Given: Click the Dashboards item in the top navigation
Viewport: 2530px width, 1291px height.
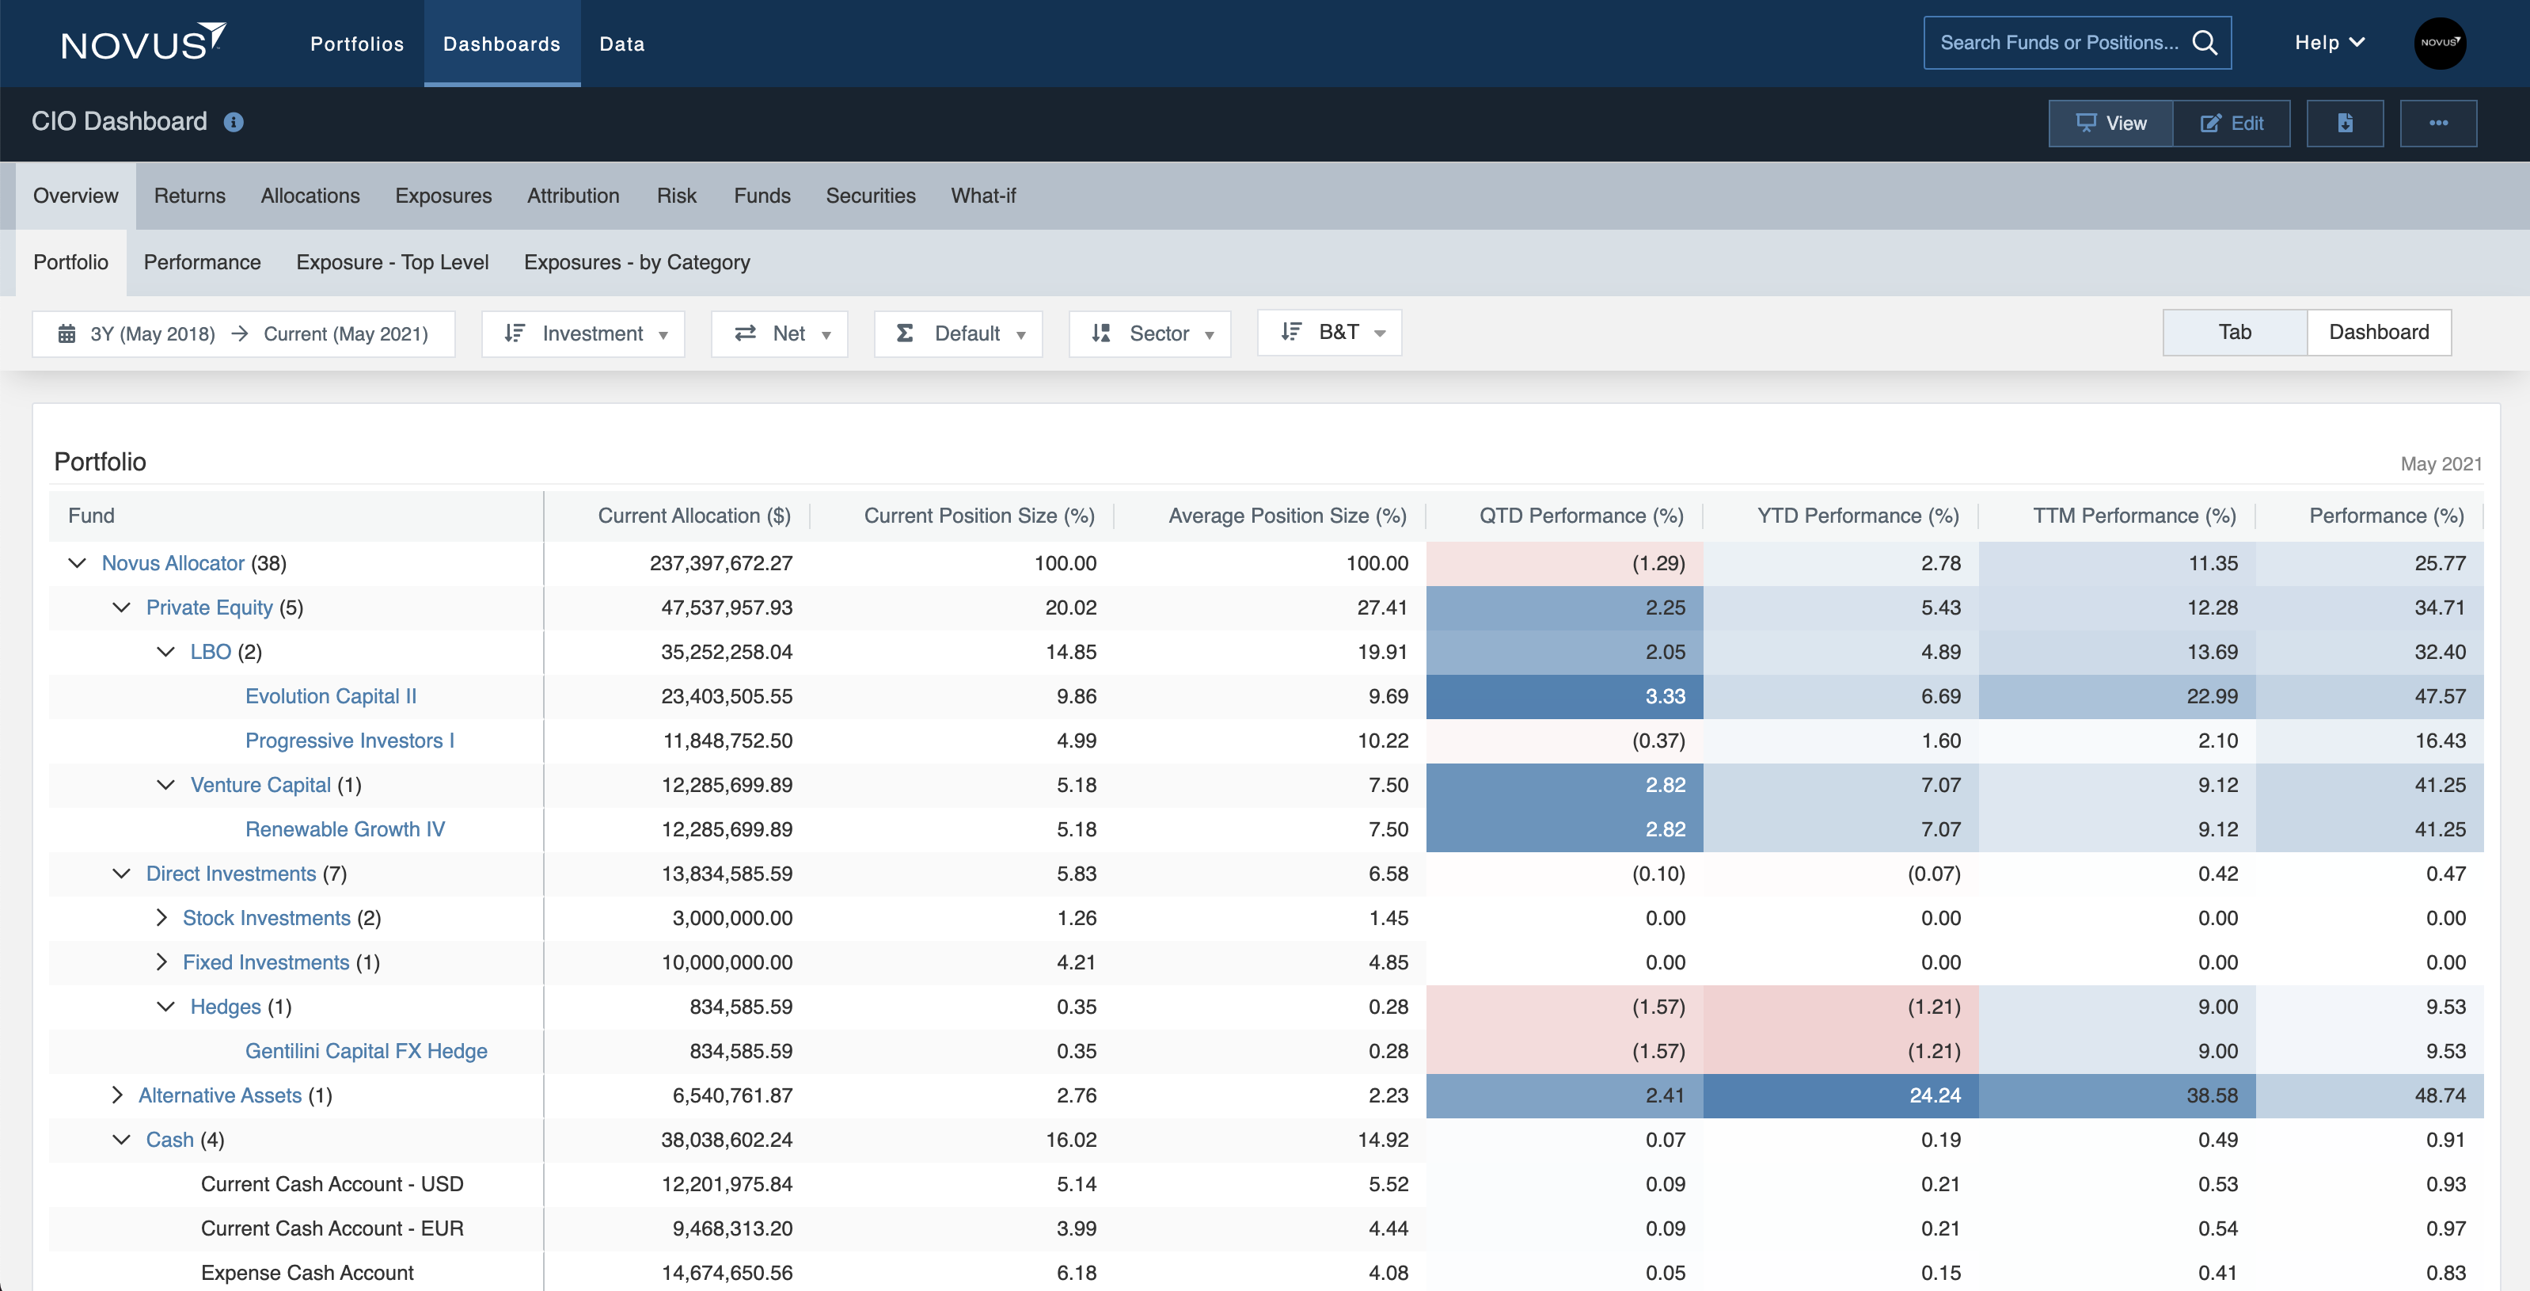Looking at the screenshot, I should point(501,44).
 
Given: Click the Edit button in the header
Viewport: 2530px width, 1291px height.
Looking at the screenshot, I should point(2232,124).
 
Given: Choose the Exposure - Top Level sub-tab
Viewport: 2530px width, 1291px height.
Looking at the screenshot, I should point(392,262).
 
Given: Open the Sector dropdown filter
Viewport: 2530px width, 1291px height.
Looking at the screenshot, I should point(1150,334).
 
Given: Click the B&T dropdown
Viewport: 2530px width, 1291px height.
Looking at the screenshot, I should point(1330,333).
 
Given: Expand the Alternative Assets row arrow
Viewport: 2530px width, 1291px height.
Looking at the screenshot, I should point(118,1095).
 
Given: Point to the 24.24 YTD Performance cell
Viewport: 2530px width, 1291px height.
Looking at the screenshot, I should point(1934,1095).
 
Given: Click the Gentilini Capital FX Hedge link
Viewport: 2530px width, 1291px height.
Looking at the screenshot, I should point(367,1051).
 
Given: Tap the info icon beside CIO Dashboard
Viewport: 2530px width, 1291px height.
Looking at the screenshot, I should point(234,123).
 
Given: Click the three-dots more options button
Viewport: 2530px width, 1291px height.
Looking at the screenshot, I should point(2437,124).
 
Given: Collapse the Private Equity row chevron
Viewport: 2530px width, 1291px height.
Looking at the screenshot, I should point(122,608).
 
